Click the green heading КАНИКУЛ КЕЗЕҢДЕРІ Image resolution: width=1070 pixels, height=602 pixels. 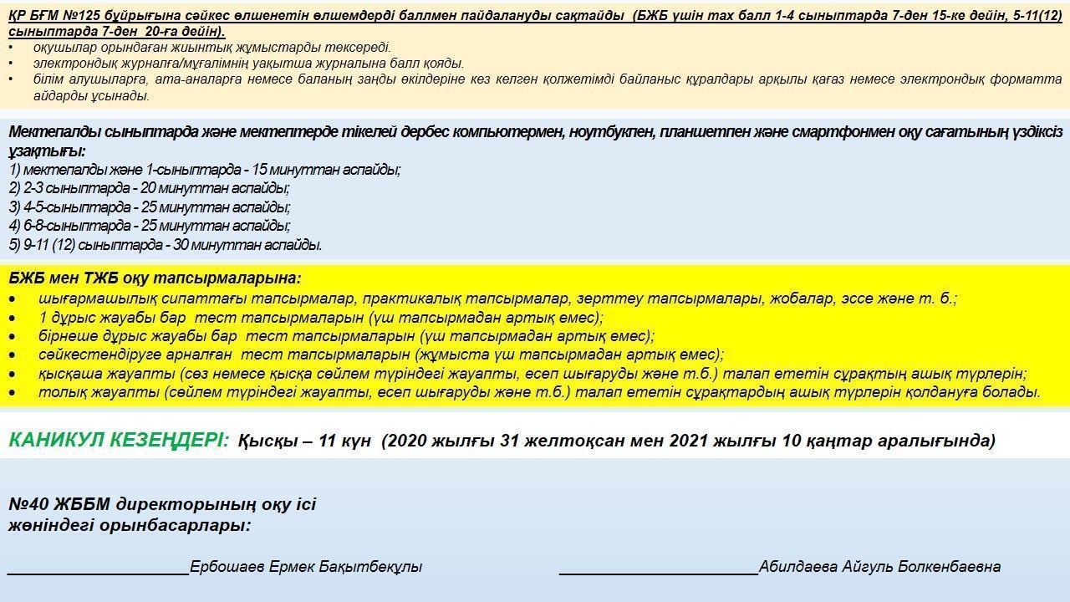[x=118, y=440]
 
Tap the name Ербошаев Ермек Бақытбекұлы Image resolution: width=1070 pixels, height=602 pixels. [x=306, y=567]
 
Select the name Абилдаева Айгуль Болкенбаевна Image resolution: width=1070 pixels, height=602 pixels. [x=879, y=567]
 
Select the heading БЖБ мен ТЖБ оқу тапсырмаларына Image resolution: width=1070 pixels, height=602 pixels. [x=155, y=278]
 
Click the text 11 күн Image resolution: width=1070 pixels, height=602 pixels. [x=344, y=441]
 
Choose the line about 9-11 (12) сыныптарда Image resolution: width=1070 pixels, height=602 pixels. [x=166, y=245]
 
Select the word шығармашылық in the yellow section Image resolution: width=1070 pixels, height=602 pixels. [x=91, y=298]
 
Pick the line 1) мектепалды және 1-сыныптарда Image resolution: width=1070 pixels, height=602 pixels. [x=205, y=170]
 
